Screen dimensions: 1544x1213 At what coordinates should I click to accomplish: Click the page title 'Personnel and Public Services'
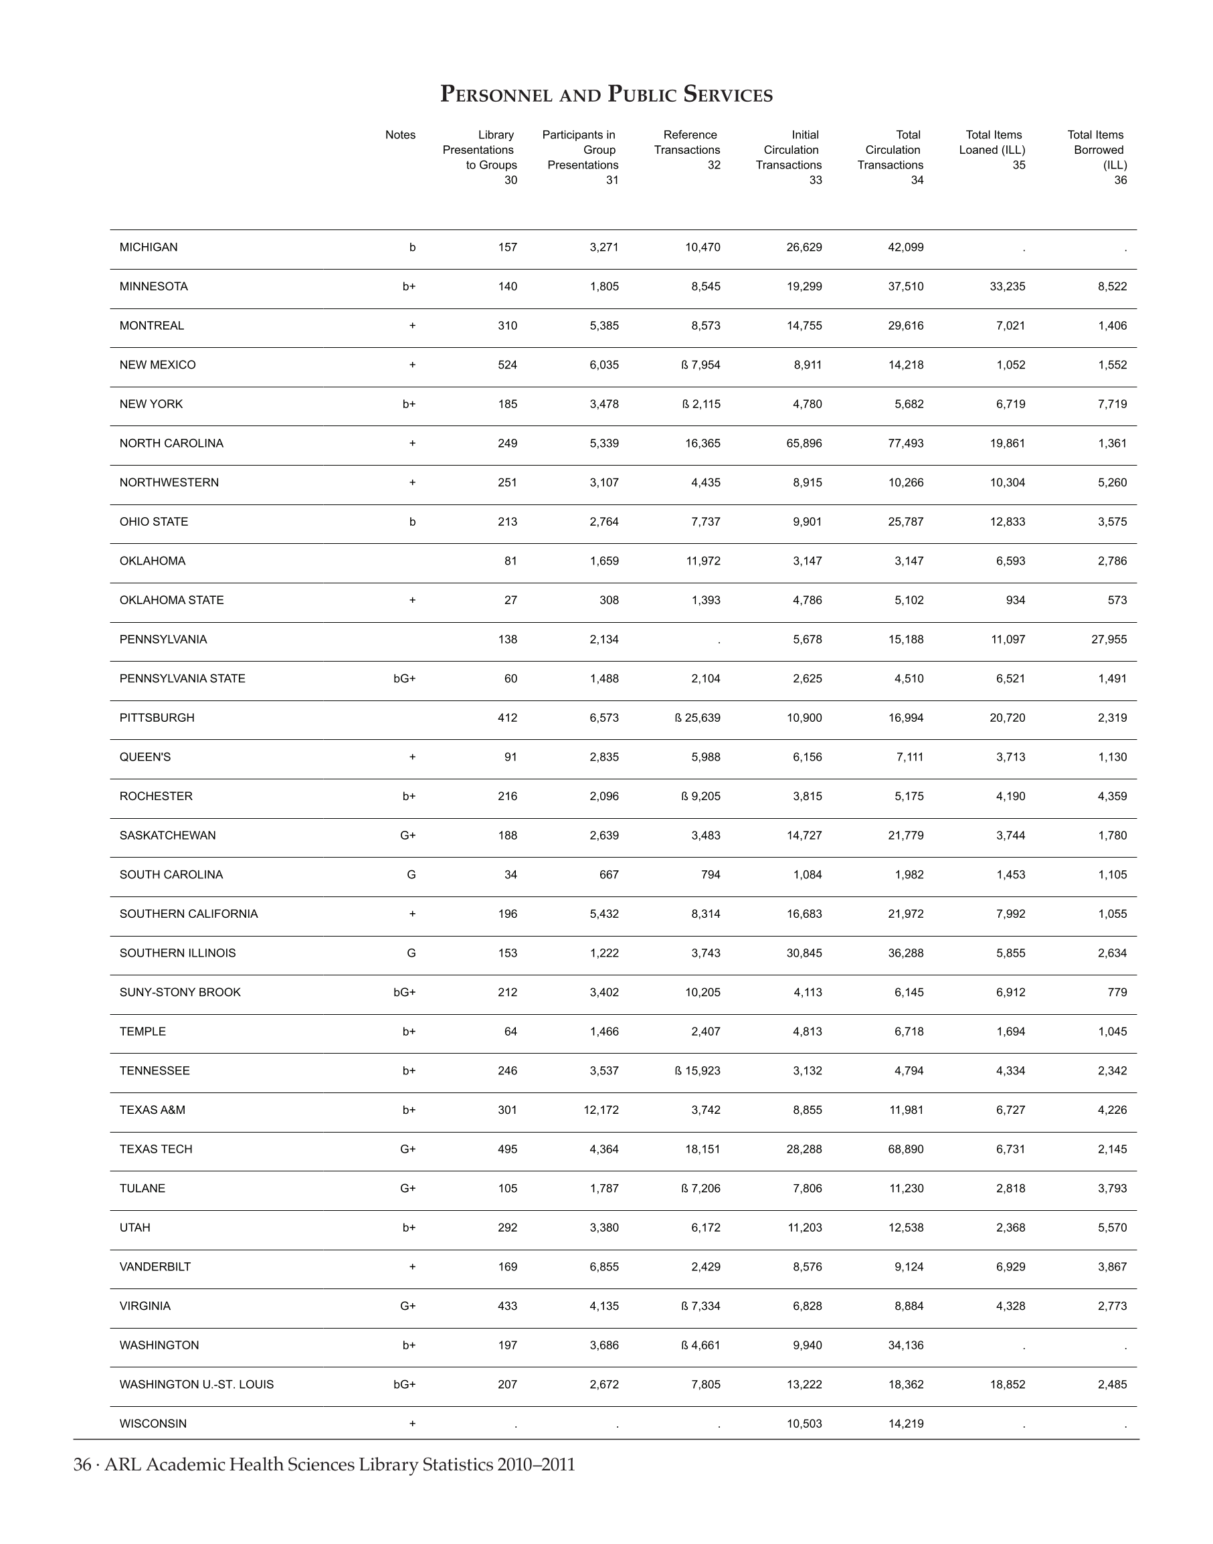[x=605, y=94]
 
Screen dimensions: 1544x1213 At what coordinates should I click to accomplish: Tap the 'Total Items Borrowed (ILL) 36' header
[x=1098, y=157]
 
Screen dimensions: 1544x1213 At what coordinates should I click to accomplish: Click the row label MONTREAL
[x=151, y=326]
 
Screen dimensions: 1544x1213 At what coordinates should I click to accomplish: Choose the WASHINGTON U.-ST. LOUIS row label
[x=196, y=1384]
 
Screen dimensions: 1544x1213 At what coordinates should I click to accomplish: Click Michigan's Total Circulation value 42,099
[x=905, y=247]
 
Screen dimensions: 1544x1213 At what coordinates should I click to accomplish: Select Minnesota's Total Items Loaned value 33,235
[x=1007, y=287]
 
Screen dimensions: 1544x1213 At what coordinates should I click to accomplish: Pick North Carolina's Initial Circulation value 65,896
[x=804, y=443]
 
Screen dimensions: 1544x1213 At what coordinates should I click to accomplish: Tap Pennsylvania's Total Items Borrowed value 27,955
[x=1109, y=639]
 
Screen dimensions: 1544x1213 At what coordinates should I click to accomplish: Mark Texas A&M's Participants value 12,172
[x=601, y=1110]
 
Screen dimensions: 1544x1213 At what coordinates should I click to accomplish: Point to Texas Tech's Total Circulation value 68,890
[x=905, y=1149]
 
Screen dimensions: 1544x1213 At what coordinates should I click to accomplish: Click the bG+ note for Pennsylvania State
[x=404, y=679]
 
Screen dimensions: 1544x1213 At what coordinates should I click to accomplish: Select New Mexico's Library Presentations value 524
[x=507, y=365]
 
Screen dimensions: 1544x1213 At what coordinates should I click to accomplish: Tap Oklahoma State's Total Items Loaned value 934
[x=1016, y=600]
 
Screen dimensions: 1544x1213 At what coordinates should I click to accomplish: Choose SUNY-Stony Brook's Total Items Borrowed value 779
[x=1117, y=992]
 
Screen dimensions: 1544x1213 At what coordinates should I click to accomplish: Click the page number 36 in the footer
[x=82, y=1465]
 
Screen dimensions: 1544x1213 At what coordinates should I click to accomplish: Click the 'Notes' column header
[x=400, y=135]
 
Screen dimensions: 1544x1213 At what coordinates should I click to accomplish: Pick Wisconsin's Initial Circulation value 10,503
[x=804, y=1424]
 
